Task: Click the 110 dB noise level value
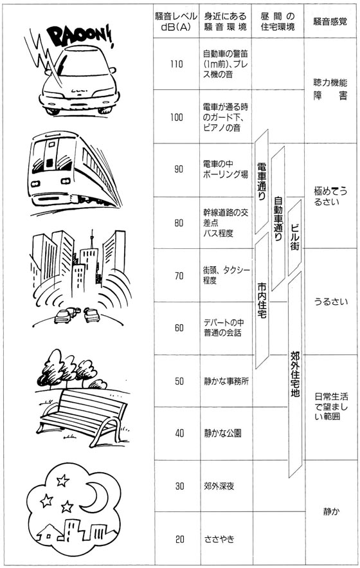177,64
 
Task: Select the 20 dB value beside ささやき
179,540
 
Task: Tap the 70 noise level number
179,276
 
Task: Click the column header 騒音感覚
330,21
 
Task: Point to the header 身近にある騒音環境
225,21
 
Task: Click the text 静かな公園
222,434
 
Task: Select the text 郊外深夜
219,486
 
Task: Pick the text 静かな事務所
226,381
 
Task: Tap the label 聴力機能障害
330,89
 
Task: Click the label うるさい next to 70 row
330,302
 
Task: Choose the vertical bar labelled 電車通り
262,181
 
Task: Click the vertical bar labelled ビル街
295,237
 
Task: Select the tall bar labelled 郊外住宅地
295,374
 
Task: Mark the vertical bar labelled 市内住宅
262,300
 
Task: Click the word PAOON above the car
82,36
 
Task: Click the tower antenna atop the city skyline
92,238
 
